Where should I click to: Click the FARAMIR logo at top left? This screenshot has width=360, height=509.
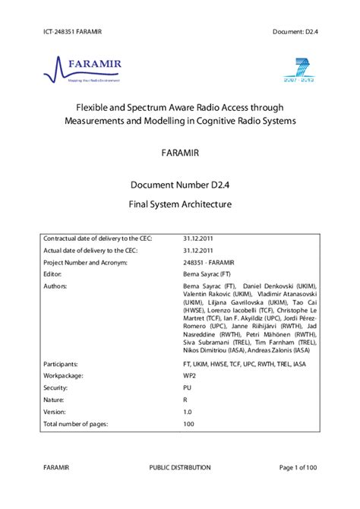coord(84,68)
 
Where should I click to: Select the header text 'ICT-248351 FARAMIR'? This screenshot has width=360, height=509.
coord(74,30)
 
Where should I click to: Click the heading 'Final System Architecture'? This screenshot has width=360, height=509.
coord(180,204)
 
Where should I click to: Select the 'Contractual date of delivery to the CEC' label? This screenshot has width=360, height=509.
coord(99,239)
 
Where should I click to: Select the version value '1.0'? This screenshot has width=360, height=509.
coord(188,410)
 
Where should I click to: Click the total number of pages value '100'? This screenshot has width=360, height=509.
coord(190,422)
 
